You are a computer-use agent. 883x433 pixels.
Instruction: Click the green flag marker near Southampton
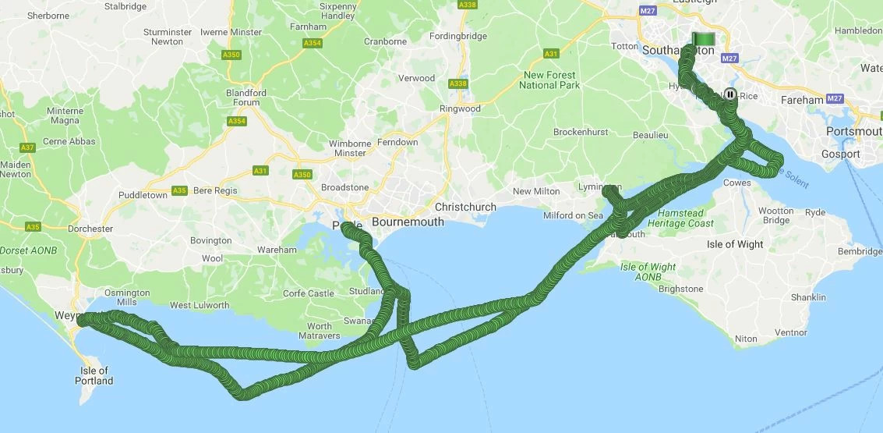(704, 37)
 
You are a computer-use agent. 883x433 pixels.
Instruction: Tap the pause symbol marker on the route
(730, 94)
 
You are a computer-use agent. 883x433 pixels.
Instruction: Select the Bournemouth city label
(408, 222)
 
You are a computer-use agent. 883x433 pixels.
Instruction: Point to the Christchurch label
(465, 207)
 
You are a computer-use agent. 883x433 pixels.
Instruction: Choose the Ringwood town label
(461, 108)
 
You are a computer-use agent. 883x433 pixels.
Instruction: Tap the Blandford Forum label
(246, 98)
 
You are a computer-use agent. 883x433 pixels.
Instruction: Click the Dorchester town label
(90, 229)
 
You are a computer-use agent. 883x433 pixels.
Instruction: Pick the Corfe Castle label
(309, 293)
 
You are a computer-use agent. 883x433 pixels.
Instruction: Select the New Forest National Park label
(549, 80)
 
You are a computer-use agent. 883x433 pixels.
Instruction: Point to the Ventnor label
(790, 332)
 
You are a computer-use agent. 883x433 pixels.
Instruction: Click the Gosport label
(840, 154)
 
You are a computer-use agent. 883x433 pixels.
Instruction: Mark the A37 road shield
(27, 147)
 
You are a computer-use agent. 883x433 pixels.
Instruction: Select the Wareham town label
(277, 250)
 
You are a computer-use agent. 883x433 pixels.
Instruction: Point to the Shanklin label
(807, 297)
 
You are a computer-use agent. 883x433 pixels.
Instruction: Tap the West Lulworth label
(200, 305)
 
